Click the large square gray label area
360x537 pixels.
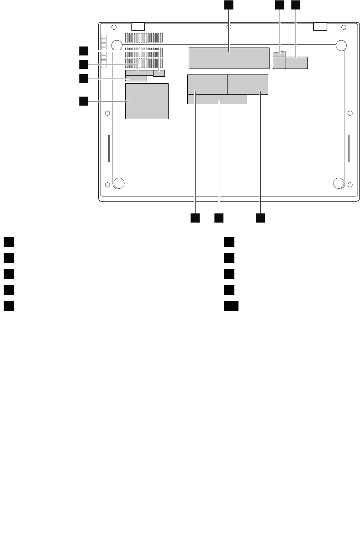pyautogui.click(x=147, y=101)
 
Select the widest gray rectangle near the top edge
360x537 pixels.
pyautogui.click(x=228, y=58)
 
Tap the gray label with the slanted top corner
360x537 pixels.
pyautogui.click(x=279, y=60)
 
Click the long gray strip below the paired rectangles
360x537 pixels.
pyautogui.click(x=217, y=99)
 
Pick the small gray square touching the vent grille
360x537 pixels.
pyautogui.click(x=159, y=73)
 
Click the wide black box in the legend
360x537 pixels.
pyautogui.click(x=231, y=306)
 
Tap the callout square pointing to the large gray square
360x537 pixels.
pyautogui.click(x=83, y=101)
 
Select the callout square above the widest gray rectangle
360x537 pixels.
pyautogui.click(x=228, y=5)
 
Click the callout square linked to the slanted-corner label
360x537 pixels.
pyautogui.click(x=279, y=5)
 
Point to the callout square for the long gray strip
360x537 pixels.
pyautogui.click(x=218, y=218)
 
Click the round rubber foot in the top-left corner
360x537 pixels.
pyautogui.click(x=116, y=45)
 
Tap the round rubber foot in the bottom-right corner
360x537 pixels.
pyautogui.click(x=339, y=183)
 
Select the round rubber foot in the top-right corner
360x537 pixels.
pyautogui.click(x=341, y=45)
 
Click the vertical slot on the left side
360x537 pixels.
pyautogui.click(x=109, y=149)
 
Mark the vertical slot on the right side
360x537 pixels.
pyautogui.click(x=349, y=149)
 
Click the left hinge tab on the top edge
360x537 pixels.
pyautogui.click(x=138, y=27)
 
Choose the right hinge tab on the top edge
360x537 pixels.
pyautogui.click(x=321, y=27)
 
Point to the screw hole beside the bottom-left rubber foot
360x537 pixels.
pyautogui.click(x=107, y=185)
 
